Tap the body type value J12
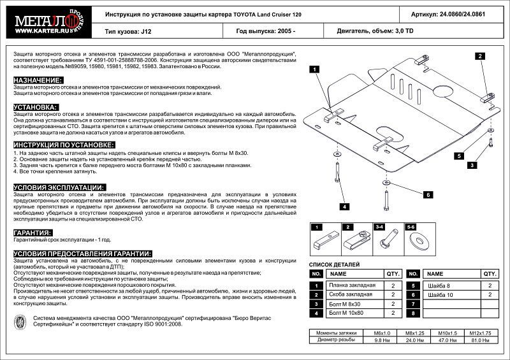[147, 31]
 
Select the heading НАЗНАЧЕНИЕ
[38, 80]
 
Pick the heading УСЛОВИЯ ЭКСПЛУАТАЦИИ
[59, 187]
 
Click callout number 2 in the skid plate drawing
[478, 56]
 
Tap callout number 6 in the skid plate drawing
[429, 194]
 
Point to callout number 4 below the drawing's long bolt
[342, 207]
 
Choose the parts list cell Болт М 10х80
[347, 313]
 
